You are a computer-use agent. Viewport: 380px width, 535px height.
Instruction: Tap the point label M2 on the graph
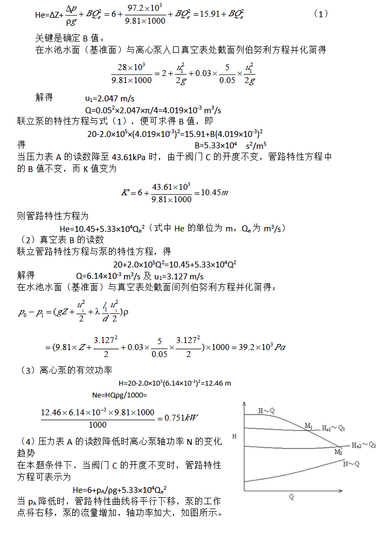click(337, 451)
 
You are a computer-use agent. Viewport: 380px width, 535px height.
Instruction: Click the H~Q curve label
click(267, 411)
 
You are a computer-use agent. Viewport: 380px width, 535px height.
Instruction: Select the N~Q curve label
click(351, 464)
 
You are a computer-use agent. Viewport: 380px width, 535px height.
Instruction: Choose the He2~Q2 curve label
click(363, 445)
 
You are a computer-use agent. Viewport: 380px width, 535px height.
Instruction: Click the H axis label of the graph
click(233, 435)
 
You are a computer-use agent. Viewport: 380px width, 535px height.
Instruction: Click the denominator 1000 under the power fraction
click(98, 424)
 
